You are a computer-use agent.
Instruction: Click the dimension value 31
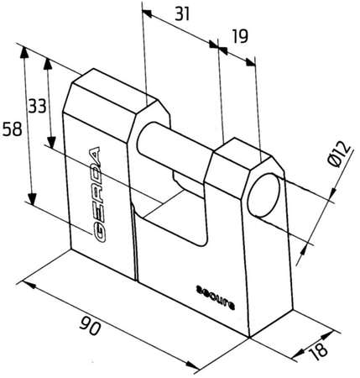coord(182,14)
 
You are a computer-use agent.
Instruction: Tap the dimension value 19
coord(240,36)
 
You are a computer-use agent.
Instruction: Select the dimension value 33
coord(37,107)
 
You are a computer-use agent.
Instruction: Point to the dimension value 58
coord(12,129)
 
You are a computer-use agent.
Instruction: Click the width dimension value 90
coord(90,326)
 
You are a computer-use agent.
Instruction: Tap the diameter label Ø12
coord(339,155)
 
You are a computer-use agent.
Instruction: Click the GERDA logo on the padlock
coord(97,194)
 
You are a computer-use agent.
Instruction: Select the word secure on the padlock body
coord(215,297)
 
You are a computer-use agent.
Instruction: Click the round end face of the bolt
coord(263,195)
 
